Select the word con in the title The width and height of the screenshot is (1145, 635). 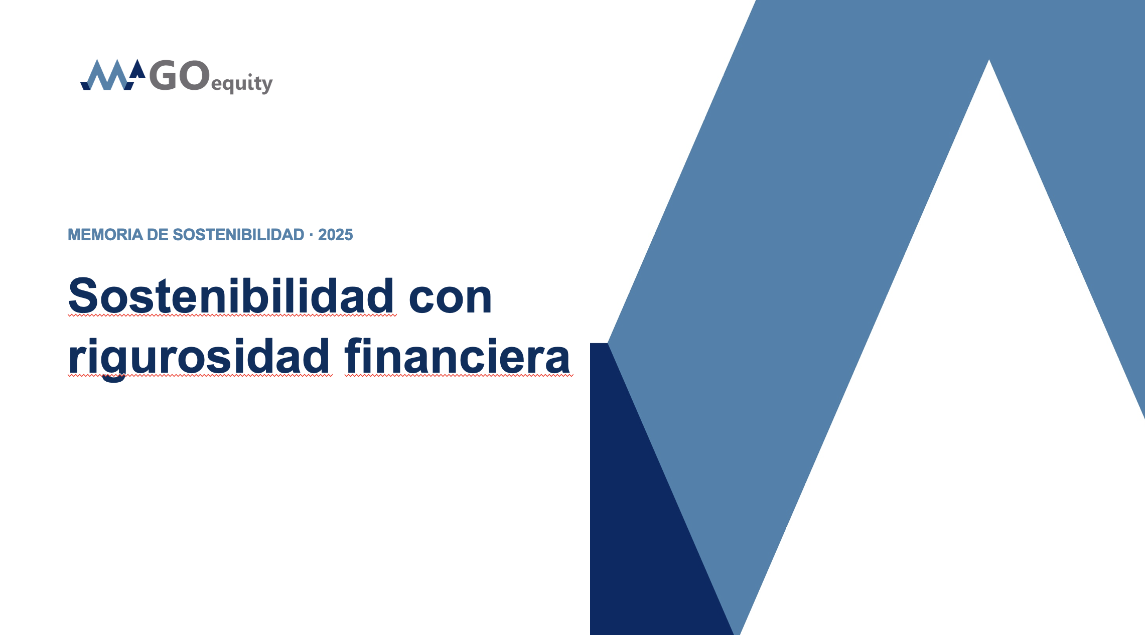[450, 299]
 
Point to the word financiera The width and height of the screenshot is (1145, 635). [458, 356]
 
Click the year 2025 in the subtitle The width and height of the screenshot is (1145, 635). [335, 235]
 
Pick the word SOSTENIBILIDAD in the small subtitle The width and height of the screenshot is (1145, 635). [238, 235]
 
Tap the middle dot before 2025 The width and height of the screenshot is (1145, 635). [311, 235]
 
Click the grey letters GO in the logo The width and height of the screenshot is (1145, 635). [179, 76]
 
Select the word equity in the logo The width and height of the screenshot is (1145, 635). [242, 83]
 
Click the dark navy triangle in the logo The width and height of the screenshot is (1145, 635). [137, 69]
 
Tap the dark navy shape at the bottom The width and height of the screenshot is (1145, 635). [647, 527]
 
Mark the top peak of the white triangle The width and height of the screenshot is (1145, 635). [989, 60]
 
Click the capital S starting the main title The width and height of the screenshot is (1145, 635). [82, 295]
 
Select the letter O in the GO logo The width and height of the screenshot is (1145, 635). [194, 76]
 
